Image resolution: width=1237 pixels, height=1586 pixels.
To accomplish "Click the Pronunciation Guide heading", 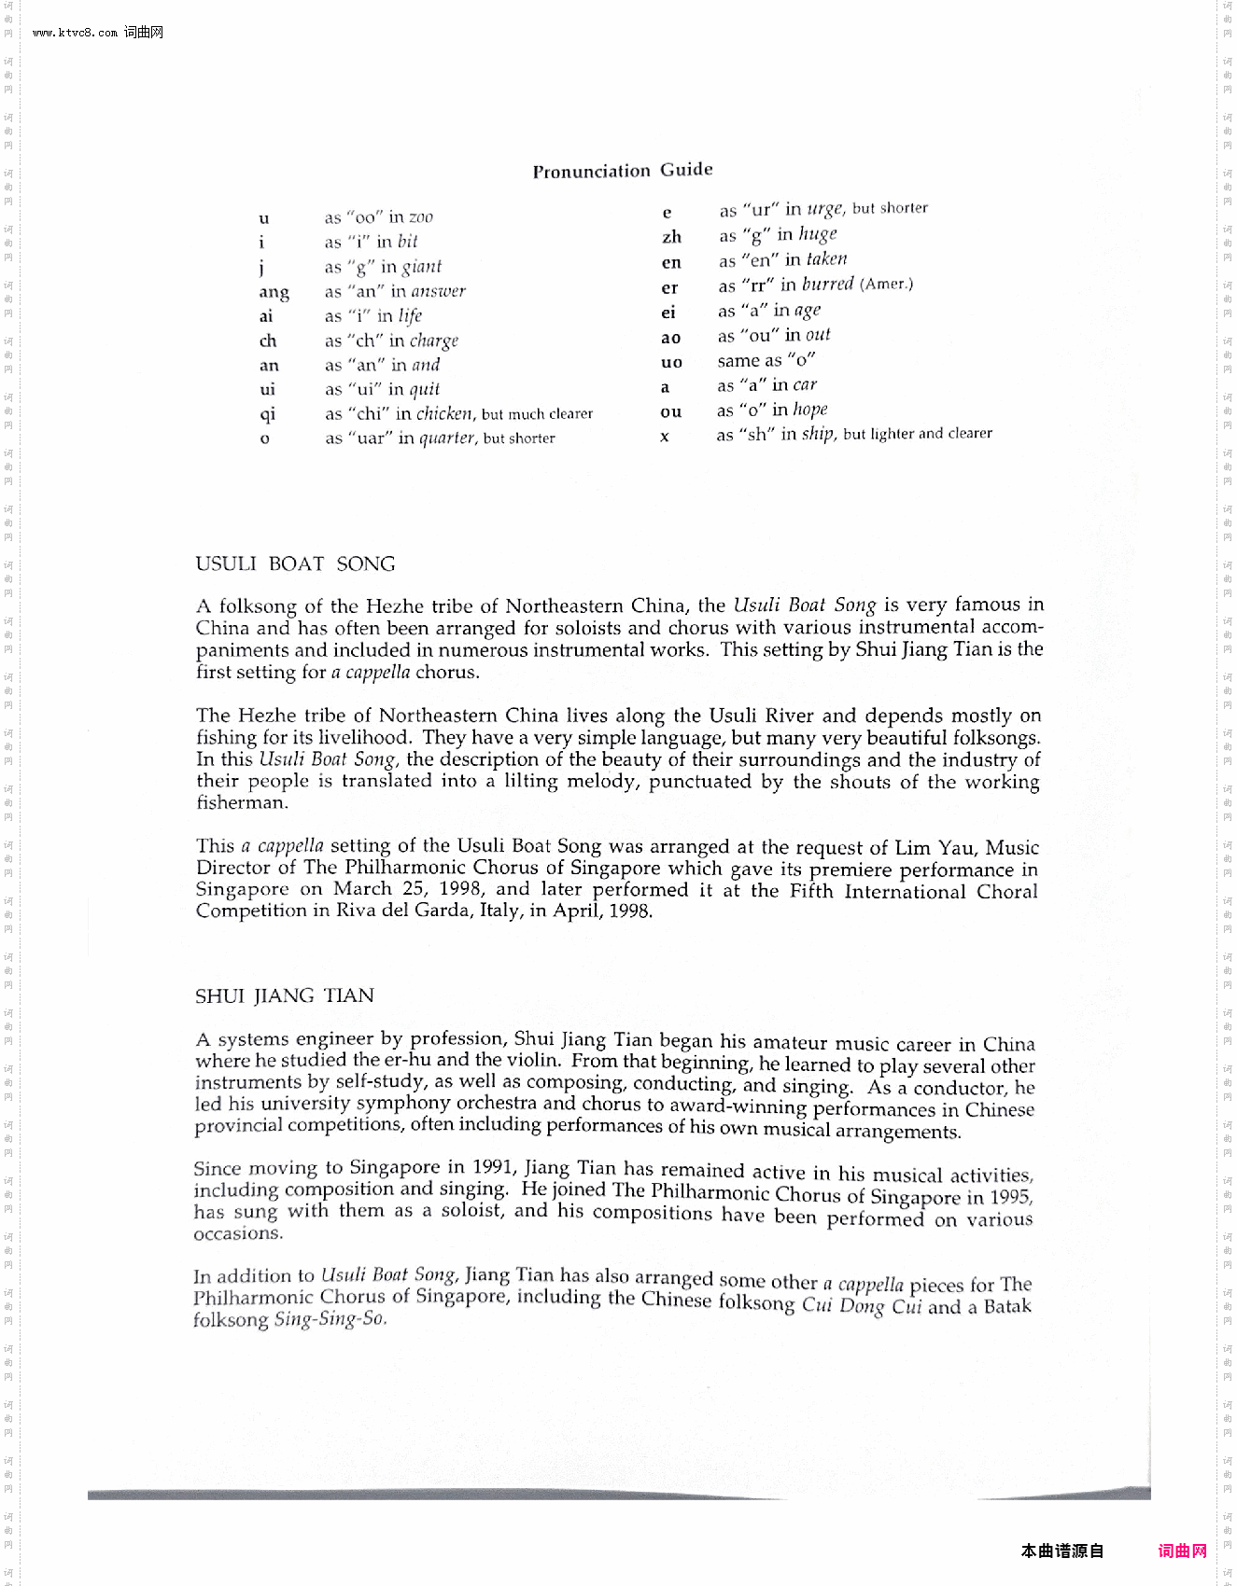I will click(623, 170).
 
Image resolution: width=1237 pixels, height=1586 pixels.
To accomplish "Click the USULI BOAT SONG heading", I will click(295, 563).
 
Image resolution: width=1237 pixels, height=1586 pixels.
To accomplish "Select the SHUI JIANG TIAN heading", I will click(284, 995).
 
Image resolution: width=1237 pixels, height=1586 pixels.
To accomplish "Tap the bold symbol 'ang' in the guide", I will click(274, 292).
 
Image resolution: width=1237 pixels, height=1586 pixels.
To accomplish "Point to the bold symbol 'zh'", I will click(671, 237).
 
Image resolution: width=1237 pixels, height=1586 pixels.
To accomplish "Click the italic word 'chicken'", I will click(444, 413).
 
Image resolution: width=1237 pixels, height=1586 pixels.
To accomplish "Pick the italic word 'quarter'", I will click(447, 438).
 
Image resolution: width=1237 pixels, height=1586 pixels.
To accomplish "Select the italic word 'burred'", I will click(827, 284).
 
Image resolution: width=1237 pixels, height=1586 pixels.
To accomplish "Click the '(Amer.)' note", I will click(886, 284).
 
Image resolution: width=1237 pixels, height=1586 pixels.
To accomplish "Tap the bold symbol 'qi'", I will click(268, 413).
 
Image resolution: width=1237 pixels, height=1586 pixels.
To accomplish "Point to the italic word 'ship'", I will click(818, 433).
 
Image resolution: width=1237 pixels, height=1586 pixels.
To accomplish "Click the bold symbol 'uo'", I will click(671, 362).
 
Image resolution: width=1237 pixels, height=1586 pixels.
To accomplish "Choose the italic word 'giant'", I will click(421, 267).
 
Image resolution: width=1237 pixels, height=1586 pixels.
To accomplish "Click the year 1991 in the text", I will click(492, 1167).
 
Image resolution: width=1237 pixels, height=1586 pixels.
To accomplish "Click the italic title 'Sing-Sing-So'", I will click(330, 1319).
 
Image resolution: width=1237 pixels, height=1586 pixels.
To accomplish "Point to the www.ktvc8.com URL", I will click(75, 33).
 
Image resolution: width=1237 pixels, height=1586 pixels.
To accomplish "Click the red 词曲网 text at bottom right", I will click(1182, 1551).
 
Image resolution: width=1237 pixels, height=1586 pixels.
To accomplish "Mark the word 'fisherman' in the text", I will click(242, 802).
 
